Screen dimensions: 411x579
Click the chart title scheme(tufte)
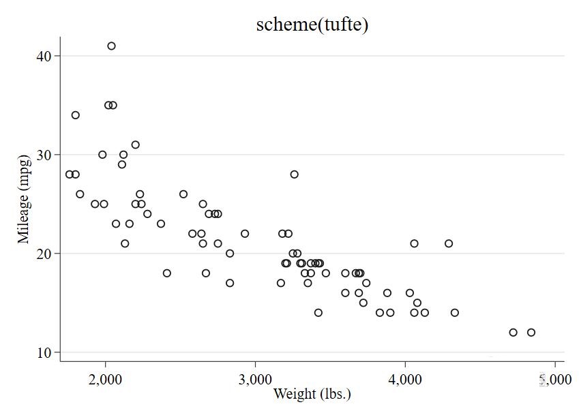312,25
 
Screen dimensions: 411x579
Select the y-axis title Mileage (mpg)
25,199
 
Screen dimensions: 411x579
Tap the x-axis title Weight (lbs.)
312,393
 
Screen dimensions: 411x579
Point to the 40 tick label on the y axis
44,56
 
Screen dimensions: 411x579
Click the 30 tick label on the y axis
44,155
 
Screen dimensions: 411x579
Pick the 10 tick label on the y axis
44,352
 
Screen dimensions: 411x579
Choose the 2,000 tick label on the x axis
105,380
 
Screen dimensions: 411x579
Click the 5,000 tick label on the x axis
554,380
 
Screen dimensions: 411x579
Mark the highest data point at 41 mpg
111,46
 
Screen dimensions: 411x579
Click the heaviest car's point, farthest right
531,333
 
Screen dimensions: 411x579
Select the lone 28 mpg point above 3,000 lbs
295,174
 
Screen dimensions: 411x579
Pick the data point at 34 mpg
76,115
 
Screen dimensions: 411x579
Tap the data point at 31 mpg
136,144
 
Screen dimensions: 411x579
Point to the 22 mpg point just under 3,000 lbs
245,234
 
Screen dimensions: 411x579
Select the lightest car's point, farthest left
70,174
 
